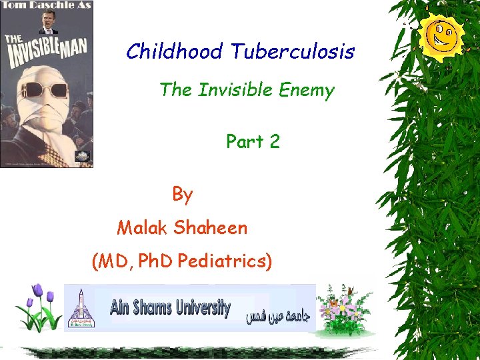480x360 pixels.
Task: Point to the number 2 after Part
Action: [x=274, y=141]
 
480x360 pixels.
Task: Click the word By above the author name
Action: [x=183, y=194]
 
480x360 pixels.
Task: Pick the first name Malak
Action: [x=142, y=228]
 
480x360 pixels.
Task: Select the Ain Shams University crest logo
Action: [x=81, y=307]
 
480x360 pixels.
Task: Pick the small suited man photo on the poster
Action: [x=49, y=22]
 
